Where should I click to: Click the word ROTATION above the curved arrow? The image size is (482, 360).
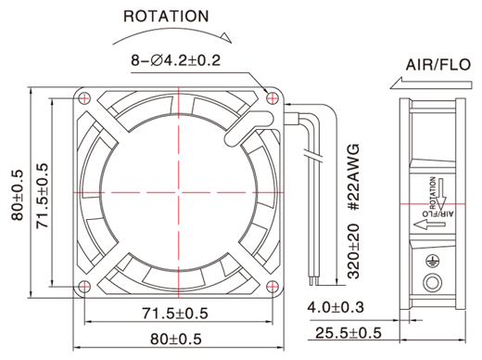pos(166,17)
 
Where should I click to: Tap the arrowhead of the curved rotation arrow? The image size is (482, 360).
pos(226,38)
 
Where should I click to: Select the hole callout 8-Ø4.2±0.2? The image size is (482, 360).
pos(176,60)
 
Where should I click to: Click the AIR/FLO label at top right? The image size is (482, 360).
pos(438,65)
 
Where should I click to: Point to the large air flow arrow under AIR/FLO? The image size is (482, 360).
pos(431,84)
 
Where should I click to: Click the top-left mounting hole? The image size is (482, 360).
pos(84,98)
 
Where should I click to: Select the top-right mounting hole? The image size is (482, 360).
pos(273,98)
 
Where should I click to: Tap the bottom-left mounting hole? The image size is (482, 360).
pos(84,287)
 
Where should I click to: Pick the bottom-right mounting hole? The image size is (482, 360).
pos(273,287)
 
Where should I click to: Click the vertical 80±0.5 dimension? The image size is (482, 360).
pos(18,195)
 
